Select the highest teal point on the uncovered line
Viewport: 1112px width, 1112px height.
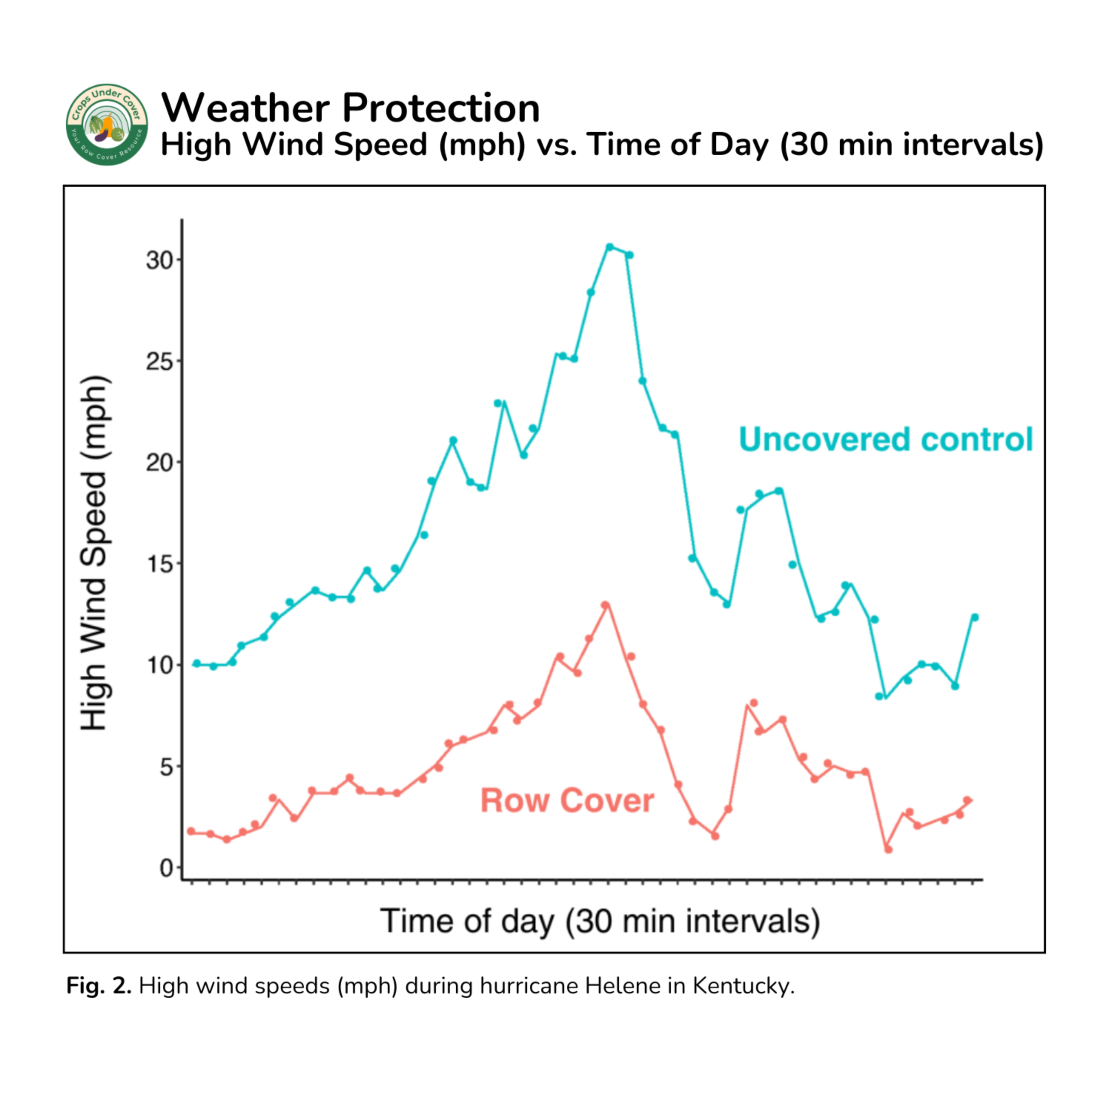point(609,247)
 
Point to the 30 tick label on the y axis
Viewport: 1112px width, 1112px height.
point(159,260)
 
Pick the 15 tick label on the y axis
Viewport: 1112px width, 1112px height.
point(159,564)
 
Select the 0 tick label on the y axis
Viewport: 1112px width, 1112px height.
point(166,868)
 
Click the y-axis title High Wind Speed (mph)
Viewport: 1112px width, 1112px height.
point(94,553)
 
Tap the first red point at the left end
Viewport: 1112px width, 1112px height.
point(191,831)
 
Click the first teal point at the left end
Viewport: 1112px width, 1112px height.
point(196,663)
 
